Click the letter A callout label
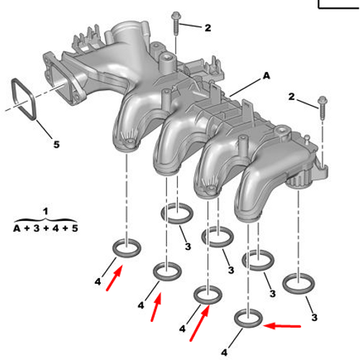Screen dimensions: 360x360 pyautogui.click(x=266, y=76)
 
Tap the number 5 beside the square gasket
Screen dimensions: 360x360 pyautogui.click(x=56, y=145)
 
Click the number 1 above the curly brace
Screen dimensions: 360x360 pyautogui.click(x=45, y=212)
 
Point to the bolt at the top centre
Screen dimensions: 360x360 pyautogui.click(x=176, y=24)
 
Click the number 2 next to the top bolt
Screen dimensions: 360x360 pyautogui.click(x=208, y=28)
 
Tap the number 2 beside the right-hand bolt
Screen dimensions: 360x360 pyautogui.click(x=292, y=96)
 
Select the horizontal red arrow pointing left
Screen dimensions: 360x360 pyautogui.click(x=282, y=326)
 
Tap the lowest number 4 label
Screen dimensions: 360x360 pyautogui.click(x=224, y=353)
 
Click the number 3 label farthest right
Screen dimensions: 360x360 pyautogui.click(x=315, y=318)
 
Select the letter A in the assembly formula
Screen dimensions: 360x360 pyautogui.click(x=17, y=228)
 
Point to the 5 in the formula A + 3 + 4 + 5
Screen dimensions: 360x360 pyautogui.click(x=75, y=228)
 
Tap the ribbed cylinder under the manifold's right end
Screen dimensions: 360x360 pyautogui.click(x=300, y=182)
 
